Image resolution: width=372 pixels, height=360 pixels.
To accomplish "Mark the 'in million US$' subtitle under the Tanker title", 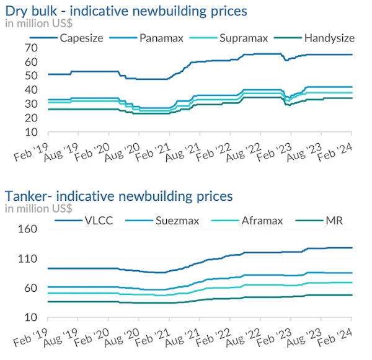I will pyautogui.click(x=38, y=208).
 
